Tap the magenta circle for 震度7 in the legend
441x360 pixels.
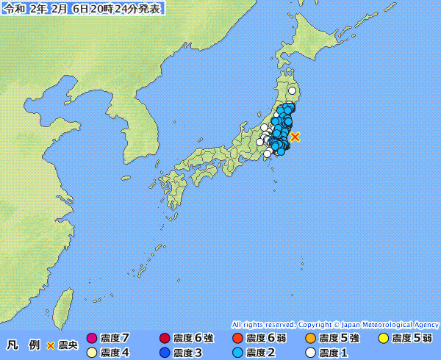pos(92,339)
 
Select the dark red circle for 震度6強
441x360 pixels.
pos(165,339)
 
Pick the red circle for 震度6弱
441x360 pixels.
pos(237,339)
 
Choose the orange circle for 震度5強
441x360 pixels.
pos(310,339)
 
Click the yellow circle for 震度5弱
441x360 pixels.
pos(383,339)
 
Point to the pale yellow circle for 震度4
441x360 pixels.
pos(92,353)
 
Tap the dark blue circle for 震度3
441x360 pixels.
pos(165,353)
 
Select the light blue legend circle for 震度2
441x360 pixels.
pos(237,353)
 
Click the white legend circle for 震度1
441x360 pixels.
pos(310,353)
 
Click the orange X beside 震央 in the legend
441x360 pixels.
pos(51,345)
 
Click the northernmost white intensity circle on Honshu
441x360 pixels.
pos(293,91)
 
